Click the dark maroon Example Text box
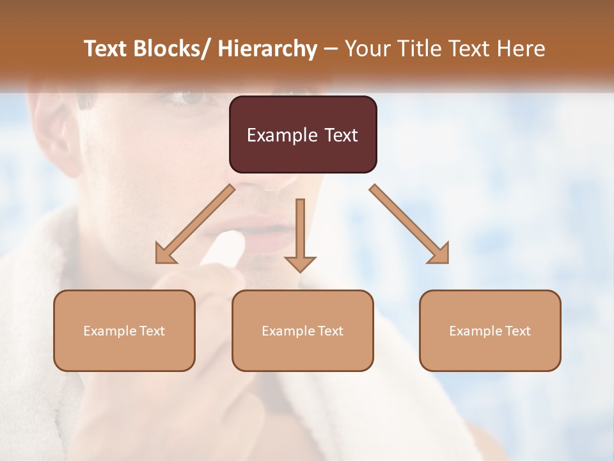tap(303, 134)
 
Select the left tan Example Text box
tap(124, 330)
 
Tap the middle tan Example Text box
tap(303, 330)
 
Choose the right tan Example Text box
tap(490, 330)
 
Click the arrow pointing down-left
tap(194, 225)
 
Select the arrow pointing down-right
tap(409, 225)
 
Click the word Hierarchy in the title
tap(267, 49)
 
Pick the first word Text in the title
tap(107, 49)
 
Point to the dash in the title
tap(331, 49)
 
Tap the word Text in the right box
tap(517, 330)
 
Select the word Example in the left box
tap(109, 330)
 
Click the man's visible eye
tap(189, 98)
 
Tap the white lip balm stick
tap(224, 247)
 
